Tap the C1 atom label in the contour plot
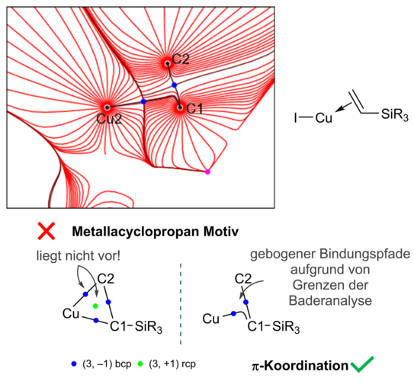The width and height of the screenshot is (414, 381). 194,108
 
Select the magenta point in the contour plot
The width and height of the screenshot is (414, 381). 207,172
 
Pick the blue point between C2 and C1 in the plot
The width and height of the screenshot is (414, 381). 174,85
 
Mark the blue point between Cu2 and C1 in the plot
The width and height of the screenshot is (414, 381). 143,101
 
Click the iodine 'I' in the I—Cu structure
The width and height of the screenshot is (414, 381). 296,118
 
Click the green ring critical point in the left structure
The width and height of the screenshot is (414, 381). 95,306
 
